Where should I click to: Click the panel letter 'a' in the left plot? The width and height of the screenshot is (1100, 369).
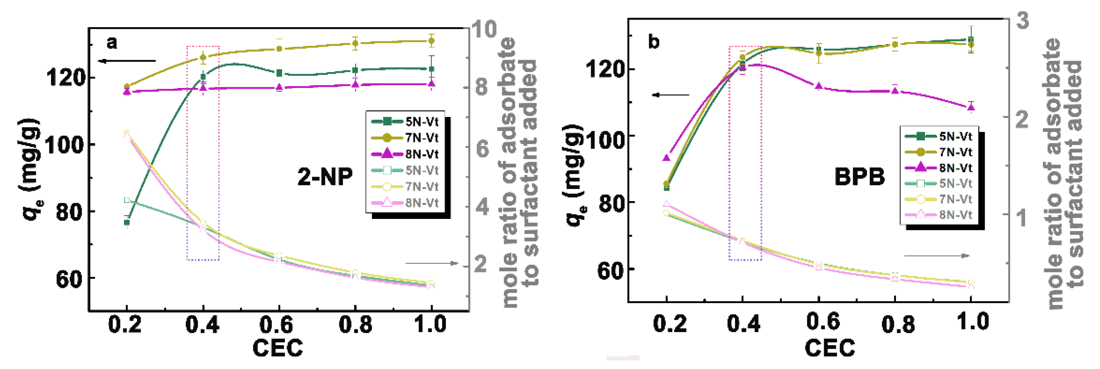112,43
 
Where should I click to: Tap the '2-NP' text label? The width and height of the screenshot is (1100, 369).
325,176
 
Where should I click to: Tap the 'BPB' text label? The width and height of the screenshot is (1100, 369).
860,177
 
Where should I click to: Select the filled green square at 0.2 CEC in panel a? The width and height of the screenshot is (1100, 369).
127,222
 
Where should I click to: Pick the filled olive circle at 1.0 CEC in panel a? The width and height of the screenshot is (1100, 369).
431,41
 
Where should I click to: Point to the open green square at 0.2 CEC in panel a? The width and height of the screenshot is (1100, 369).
127,200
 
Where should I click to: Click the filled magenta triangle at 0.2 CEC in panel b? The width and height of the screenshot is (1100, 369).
666,158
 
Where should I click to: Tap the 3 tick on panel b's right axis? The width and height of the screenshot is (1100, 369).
1022,20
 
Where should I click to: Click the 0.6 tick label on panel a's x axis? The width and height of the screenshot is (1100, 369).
276,325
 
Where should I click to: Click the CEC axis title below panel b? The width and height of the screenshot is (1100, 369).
830,348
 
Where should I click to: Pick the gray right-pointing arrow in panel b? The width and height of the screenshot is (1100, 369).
937,256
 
